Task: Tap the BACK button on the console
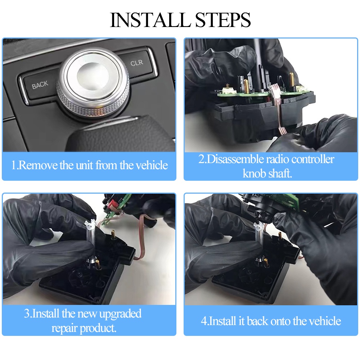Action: (40, 85)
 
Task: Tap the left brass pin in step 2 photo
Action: (246, 86)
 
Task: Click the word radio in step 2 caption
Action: (280, 159)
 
